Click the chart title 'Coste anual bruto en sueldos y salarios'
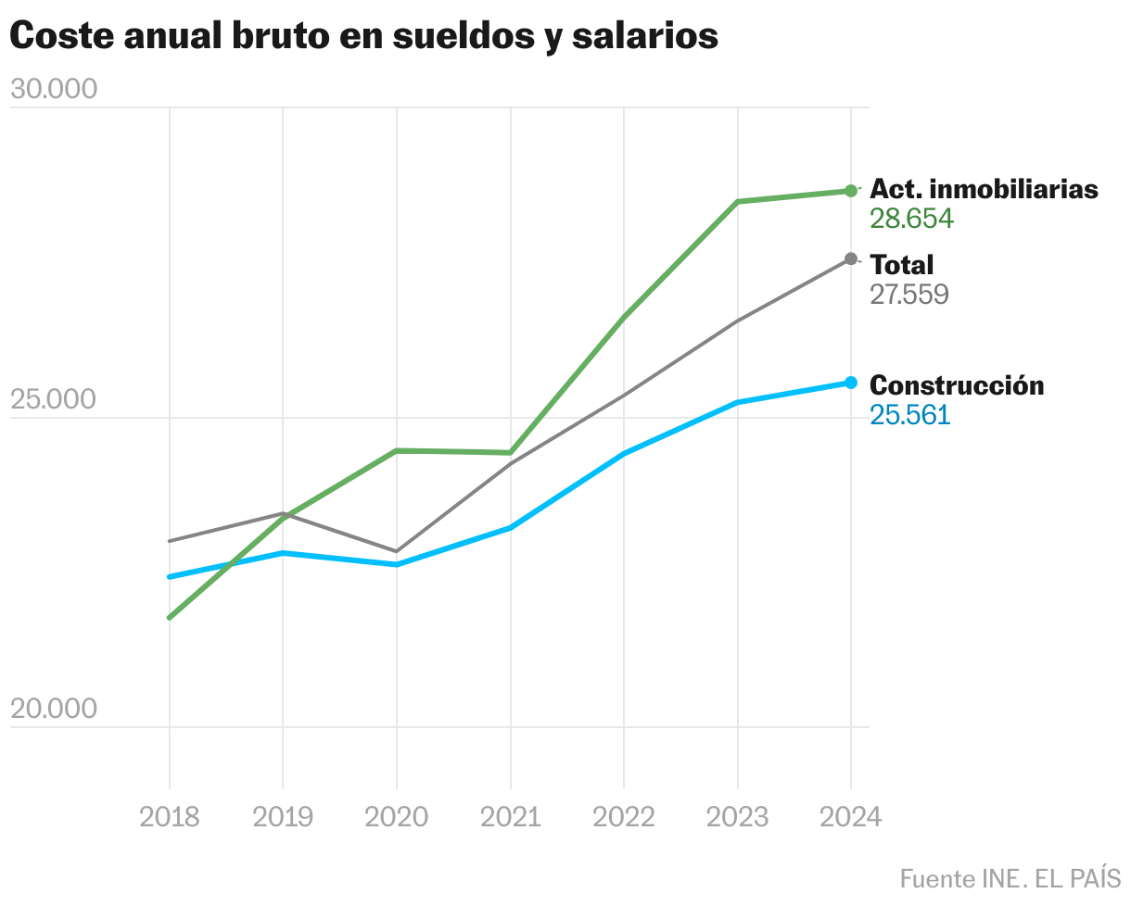click(x=363, y=36)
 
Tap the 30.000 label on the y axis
click(x=53, y=90)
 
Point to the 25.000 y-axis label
click(x=53, y=399)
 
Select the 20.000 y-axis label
click(x=53, y=709)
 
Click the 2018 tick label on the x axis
click(x=169, y=816)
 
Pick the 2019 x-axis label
click(x=283, y=816)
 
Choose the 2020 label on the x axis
click(x=397, y=816)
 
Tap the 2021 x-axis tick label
click(x=511, y=816)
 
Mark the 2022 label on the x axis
click(x=624, y=816)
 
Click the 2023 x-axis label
click(x=738, y=816)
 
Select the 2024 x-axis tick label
click(x=851, y=816)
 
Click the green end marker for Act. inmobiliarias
click(x=851, y=191)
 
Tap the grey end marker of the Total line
click(x=851, y=258)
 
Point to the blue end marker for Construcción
click(x=851, y=383)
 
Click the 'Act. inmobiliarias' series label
click(x=984, y=189)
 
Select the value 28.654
click(x=911, y=219)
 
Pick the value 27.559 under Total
click(x=909, y=295)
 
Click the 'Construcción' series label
click(x=957, y=384)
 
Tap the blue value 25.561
click(x=909, y=414)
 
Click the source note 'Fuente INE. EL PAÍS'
click(x=1010, y=877)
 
